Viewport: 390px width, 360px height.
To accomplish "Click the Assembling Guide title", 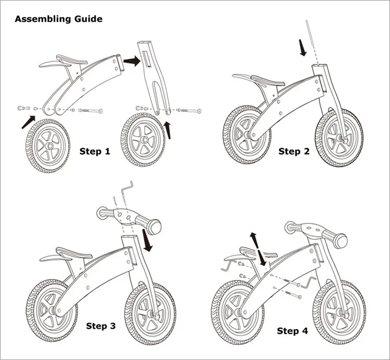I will [58, 19].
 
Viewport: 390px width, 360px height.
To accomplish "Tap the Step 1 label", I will [95, 152].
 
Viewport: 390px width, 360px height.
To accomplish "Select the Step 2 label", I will [294, 151].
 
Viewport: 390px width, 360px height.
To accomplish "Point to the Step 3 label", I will [101, 326].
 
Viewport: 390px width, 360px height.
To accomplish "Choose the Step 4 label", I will [295, 331].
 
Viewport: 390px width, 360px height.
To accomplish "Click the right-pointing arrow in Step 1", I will [133, 61].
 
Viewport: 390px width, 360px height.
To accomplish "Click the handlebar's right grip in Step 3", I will [155, 226].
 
